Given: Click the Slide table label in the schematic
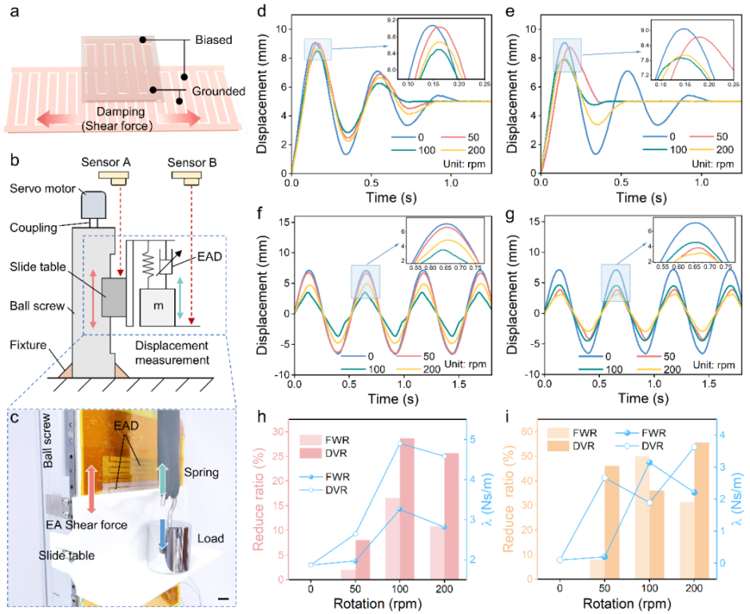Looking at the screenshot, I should [40, 268].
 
